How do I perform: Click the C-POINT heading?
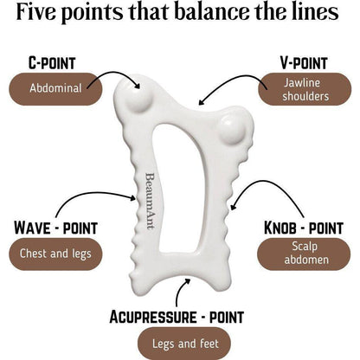[x=52, y=63]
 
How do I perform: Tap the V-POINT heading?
[x=304, y=63]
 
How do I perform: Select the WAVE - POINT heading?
[x=55, y=228]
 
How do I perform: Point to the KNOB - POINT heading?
[x=304, y=228]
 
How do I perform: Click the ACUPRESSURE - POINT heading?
[x=177, y=317]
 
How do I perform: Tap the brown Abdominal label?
[x=55, y=89]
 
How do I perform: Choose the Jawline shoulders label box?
[x=305, y=89]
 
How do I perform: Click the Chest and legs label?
[x=55, y=254]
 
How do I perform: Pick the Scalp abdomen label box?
[x=304, y=254]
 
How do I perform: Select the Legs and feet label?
[x=184, y=344]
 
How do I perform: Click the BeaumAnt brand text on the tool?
[x=150, y=201]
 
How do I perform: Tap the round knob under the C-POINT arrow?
[x=138, y=97]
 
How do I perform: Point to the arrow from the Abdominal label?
[x=116, y=73]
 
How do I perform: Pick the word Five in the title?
[x=36, y=11]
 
